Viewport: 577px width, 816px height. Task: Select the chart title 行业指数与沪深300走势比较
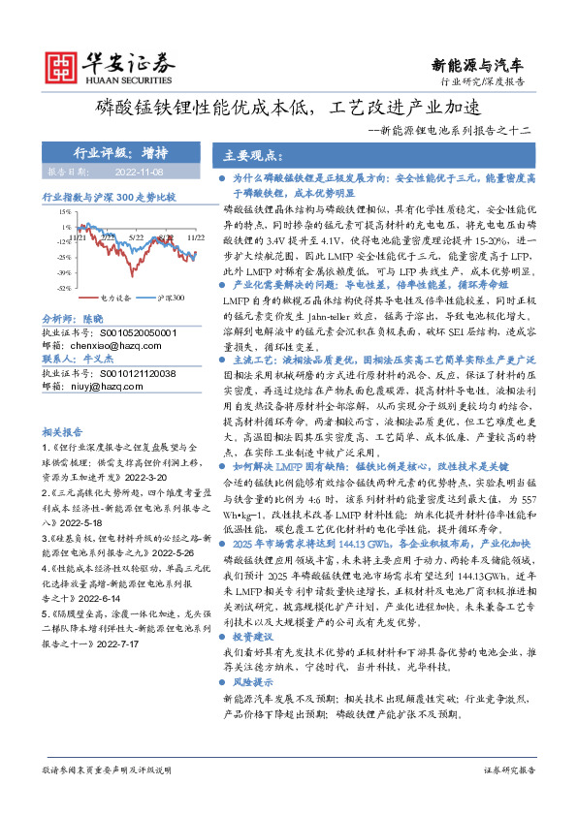click(110, 196)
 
